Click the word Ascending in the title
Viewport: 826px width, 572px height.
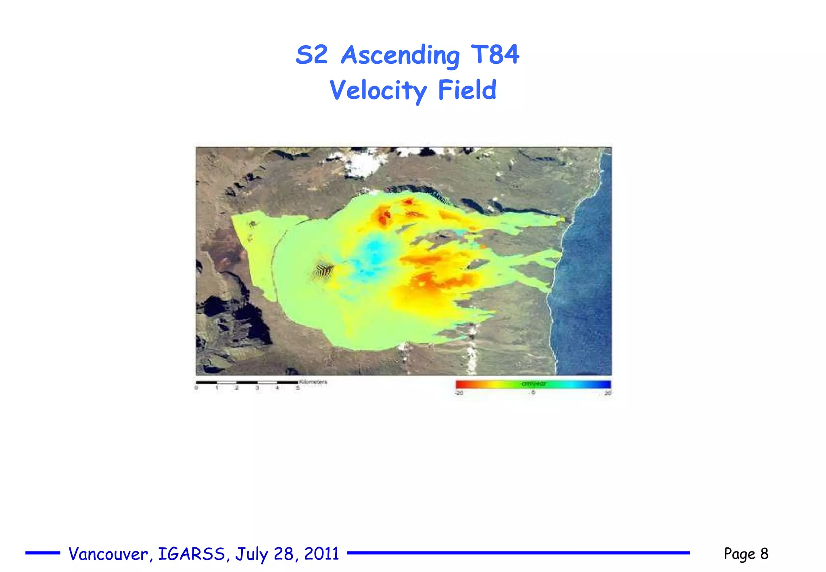pos(400,55)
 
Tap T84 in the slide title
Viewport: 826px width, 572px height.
pos(495,54)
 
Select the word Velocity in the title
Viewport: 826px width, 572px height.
pos(378,90)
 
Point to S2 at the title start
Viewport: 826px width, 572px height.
pos(311,55)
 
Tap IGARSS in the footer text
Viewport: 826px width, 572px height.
pos(191,554)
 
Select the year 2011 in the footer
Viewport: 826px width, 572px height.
pos(321,553)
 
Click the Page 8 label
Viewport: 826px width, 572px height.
pos(746,553)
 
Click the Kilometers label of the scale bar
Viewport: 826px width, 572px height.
pos(313,382)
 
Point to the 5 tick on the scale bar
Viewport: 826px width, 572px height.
pos(298,388)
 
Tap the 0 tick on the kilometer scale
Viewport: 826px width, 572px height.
pos(196,388)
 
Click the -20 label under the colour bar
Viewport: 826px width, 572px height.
pos(459,393)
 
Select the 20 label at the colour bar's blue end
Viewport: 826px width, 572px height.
pos(607,393)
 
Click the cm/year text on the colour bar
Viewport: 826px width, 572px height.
pos(534,384)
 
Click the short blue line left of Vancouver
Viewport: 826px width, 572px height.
pos(43,553)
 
